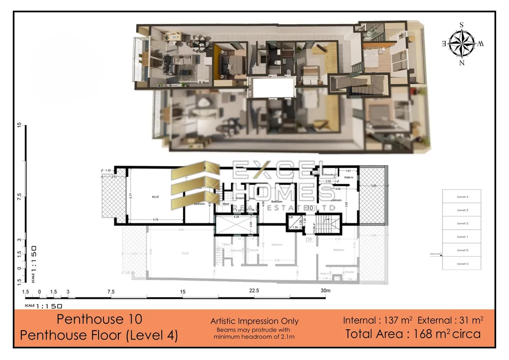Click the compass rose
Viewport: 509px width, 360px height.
pyautogui.click(x=461, y=43)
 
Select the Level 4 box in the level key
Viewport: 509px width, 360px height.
pyautogui.click(x=462, y=197)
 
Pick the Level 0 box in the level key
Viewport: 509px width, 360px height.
pyautogui.click(x=462, y=250)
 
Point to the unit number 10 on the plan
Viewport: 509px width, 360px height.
pyautogui.click(x=310, y=208)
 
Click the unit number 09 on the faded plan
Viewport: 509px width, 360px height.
pyautogui.click(x=308, y=240)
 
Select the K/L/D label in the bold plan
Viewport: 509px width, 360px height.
pyautogui.click(x=155, y=197)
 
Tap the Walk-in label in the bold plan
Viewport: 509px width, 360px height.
pyautogui.click(x=348, y=178)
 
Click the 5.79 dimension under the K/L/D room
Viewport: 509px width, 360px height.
pyautogui.click(x=156, y=220)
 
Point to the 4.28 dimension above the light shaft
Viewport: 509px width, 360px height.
pyautogui.click(x=237, y=217)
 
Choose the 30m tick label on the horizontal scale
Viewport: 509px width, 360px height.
pyautogui.click(x=326, y=291)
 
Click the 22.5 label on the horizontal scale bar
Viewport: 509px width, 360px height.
pyautogui.click(x=254, y=291)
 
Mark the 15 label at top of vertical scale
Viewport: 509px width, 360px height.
pyautogui.click(x=19, y=125)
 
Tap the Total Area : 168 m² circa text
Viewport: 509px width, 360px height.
pyautogui.click(x=413, y=334)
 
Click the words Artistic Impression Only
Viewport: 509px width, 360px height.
pyautogui.click(x=254, y=321)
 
